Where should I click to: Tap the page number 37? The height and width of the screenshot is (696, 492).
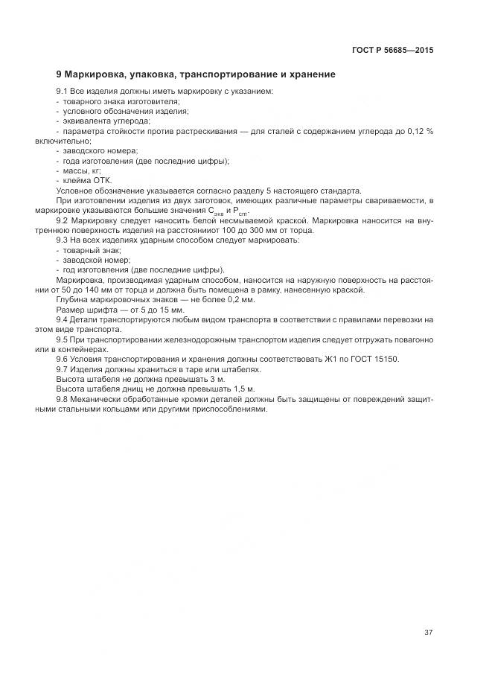pyautogui.click(x=429, y=633)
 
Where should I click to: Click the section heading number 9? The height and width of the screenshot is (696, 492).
pyautogui.click(x=59, y=74)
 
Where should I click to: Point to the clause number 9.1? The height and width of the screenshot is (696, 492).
pyautogui.click(x=62, y=91)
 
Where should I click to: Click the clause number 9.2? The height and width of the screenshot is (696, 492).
pyautogui.click(x=62, y=221)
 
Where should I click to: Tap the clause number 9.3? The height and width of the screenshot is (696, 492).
pyautogui.click(x=62, y=240)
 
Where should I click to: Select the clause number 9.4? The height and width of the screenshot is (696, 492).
pyautogui.click(x=62, y=319)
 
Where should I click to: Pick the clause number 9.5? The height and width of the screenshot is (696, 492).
pyautogui.click(x=62, y=339)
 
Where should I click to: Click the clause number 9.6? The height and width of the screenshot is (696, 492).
pyautogui.click(x=62, y=359)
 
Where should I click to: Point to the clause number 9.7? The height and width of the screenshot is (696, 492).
pyautogui.click(x=62, y=369)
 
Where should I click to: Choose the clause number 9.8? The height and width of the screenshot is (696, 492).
pyautogui.click(x=62, y=399)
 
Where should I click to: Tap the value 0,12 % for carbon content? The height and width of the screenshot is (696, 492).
pyautogui.click(x=418, y=130)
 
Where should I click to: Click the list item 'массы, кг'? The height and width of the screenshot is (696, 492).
pyautogui.click(x=77, y=170)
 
